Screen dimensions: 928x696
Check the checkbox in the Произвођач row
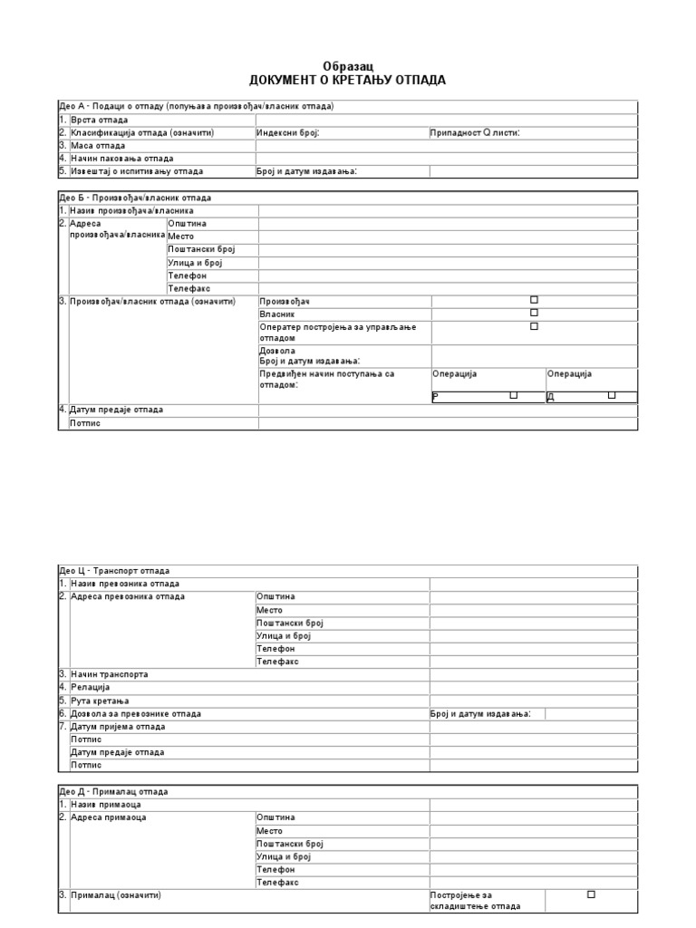pos(534,300)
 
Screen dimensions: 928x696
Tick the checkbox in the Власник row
pos(534,313)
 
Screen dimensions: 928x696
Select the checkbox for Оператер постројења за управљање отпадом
pos(534,326)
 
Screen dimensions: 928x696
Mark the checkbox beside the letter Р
pos(513,395)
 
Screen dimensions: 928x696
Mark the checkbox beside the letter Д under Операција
pos(611,395)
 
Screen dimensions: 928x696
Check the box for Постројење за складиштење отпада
pos(591,894)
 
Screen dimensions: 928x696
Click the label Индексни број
pos(288,132)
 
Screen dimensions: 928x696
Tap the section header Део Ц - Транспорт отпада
pos(114,571)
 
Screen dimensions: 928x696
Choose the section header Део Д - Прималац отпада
pos(113,792)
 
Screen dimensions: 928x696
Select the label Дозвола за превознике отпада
pos(135,714)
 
